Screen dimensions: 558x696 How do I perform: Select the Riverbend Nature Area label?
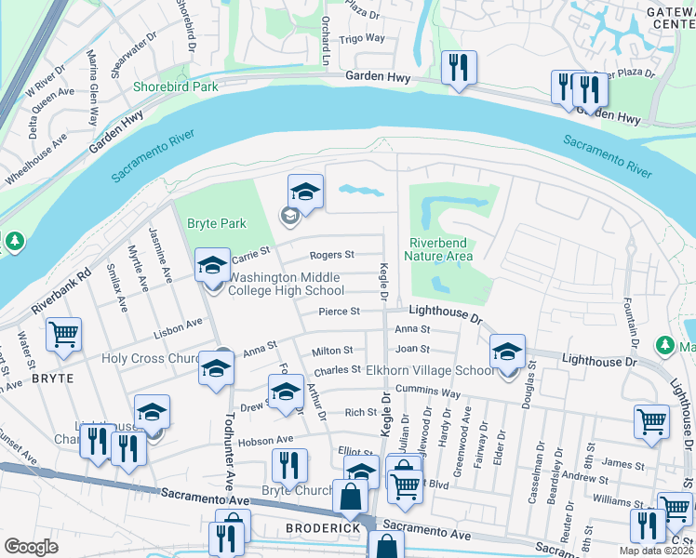point(440,250)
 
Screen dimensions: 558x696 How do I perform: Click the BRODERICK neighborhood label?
point(295,527)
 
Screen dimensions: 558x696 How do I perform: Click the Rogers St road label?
point(331,254)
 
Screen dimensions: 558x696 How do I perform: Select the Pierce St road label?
point(339,312)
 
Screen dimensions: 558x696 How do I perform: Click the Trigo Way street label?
point(362,38)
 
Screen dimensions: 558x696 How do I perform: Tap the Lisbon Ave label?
point(180,325)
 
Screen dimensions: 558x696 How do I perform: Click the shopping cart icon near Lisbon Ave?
point(63,334)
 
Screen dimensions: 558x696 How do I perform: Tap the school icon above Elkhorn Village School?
point(507,351)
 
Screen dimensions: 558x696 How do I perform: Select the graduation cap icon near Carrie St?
point(212,265)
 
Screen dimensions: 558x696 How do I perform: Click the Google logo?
point(31,547)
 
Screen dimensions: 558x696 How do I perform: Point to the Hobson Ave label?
point(269,439)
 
